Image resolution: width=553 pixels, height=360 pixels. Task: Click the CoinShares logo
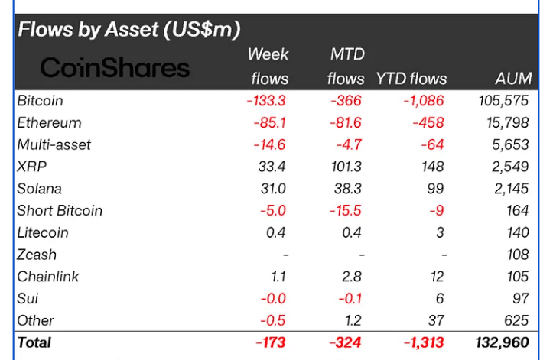point(115,67)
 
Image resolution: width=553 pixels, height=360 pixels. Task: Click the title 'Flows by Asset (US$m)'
point(128,30)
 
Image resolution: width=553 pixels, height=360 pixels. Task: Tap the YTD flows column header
point(411,79)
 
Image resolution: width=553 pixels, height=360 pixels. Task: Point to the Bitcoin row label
point(40,101)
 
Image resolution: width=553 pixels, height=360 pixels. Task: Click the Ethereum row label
point(49,123)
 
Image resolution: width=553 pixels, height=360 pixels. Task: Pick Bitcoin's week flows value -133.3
point(268,101)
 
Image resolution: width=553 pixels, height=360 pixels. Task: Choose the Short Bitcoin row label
point(60,211)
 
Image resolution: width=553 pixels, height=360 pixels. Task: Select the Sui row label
point(28,299)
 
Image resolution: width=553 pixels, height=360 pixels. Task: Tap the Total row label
point(35,343)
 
